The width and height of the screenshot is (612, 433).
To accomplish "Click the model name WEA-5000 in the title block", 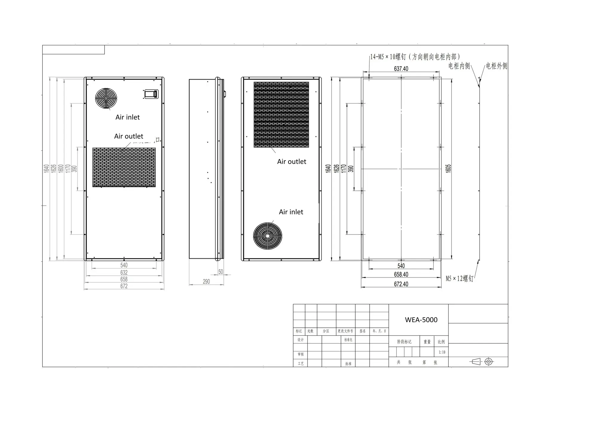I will [421, 320].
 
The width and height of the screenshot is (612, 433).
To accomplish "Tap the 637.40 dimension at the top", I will [401, 69].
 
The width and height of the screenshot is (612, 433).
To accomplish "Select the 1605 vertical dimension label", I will [448, 168].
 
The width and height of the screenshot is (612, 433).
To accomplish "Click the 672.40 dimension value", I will [401, 284].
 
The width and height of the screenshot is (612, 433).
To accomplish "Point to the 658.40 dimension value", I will [401, 275].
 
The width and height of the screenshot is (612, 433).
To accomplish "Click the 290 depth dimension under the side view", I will [206, 282].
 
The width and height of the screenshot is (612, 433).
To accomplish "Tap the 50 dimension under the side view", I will [221, 272].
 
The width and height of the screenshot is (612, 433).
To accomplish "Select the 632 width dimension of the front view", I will [124, 272].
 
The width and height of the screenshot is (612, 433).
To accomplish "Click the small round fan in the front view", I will [106, 98].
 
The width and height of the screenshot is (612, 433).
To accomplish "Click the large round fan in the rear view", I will [267, 236].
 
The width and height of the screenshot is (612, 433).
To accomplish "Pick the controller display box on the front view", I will [151, 94].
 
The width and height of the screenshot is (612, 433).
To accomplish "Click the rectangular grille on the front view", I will [124, 167].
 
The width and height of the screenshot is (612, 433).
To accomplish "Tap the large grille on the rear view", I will [281, 115].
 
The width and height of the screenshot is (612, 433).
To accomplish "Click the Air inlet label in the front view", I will [128, 117].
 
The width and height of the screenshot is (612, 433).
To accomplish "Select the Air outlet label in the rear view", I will [292, 162].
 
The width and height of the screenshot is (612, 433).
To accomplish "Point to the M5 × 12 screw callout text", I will [459, 279].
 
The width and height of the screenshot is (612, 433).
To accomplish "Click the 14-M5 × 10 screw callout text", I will [415, 57].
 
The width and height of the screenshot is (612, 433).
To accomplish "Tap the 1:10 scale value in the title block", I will [442, 352].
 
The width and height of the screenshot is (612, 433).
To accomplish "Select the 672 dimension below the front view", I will [124, 286].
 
